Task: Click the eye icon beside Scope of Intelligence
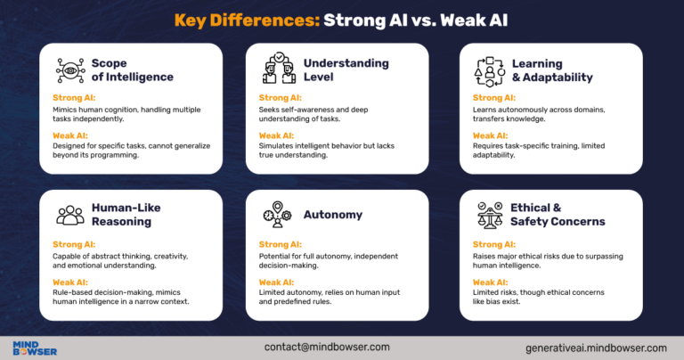(69, 70)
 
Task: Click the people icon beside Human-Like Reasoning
(69, 215)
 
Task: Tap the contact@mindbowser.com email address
(328, 345)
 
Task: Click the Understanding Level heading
(346, 70)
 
